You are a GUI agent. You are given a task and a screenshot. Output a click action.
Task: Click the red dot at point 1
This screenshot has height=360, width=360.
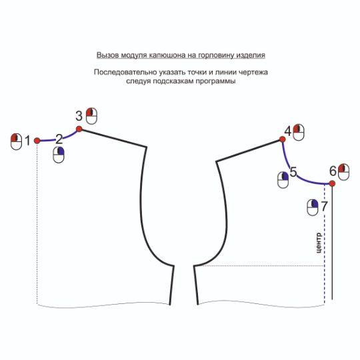pyautogui.click(x=37, y=141)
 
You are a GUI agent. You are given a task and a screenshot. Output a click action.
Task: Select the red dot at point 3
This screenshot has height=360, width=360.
pyautogui.click(x=79, y=129)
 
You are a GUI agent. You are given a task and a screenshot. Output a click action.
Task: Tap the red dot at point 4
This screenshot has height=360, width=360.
pyautogui.click(x=283, y=139)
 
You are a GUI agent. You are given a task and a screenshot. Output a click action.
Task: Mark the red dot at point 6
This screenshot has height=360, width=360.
pyautogui.click(x=332, y=183)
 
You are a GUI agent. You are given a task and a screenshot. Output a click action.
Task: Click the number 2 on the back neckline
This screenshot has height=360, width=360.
pyautogui.click(x=59, y=139)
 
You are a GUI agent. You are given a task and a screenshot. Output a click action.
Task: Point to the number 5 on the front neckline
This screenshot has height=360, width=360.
pyautogui.click(x=293, y=172)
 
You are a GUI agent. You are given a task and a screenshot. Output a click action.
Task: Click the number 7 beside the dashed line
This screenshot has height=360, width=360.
pyautogui.click(x=324, y=206)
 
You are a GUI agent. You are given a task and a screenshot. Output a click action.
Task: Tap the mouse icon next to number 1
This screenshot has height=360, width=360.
pyautogui.click(x=16, y=141)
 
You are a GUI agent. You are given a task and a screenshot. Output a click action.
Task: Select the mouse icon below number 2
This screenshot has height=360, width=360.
pyautogui.click(x=59, y=155)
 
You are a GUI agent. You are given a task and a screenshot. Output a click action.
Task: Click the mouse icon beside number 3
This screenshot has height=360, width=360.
pyautogui.click(x=91, y=116)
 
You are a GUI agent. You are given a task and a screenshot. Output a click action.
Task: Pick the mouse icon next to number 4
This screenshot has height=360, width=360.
pyautogui.click(x=299, y=132)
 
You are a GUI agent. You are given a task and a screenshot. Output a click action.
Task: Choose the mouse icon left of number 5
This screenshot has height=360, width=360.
pyautogui.click(x=283, y=180)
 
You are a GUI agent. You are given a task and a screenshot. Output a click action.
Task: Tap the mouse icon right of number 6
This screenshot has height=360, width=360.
pyautogui.click(x=344, y=172)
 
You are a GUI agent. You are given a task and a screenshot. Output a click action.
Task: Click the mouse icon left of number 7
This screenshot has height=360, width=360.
pyautogui.click(x=313, y=207)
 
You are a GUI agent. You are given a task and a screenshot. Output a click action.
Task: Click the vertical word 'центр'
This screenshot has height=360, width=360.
pyautogui.click(x=319, y=243)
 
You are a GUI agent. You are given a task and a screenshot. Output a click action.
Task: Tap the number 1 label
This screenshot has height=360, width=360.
pyautogui.click(x=28, y=141)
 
